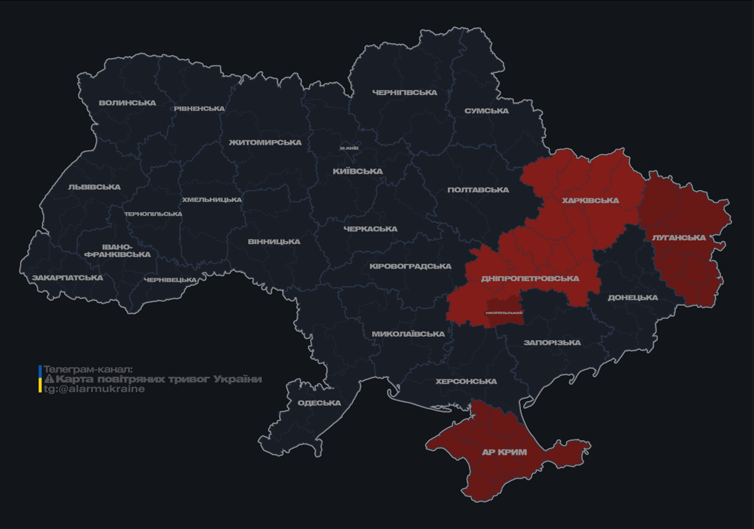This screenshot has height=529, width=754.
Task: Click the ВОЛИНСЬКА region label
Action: tap(128, 103)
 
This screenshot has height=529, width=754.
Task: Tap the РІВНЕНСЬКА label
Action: tap(199, 109)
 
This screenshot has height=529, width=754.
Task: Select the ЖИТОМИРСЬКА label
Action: tap(265, 143)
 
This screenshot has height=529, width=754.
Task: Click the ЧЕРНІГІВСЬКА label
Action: tap(405, 92)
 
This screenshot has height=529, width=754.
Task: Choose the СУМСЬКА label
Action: tap(487, 111)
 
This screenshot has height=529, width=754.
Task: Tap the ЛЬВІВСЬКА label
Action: tap(94, 187)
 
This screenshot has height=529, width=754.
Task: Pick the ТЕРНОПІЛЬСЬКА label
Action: tap(153, 214)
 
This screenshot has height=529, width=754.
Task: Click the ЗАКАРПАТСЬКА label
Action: tap(67, 278)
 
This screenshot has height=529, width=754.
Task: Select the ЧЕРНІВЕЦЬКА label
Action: tap(170, 280)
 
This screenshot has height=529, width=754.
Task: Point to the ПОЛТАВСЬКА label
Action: tap(478, 190)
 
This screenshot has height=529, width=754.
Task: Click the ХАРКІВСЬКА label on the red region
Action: tap(590, 201)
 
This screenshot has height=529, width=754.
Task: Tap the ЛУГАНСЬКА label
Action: tap(679, 238)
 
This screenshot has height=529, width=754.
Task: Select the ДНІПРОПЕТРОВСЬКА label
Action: tap(530, 279)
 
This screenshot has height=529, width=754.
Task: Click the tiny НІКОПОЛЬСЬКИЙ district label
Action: tap(504, 313)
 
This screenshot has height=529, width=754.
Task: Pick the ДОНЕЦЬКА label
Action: tap(633, 298)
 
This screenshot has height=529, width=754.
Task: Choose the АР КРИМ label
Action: tap(504, 453)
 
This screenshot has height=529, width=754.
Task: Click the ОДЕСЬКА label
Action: tap(319, 403)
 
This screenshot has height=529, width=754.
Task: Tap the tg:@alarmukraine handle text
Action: tap(94, 389)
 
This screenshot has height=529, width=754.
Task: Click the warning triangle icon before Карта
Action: tap(49, 380)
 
